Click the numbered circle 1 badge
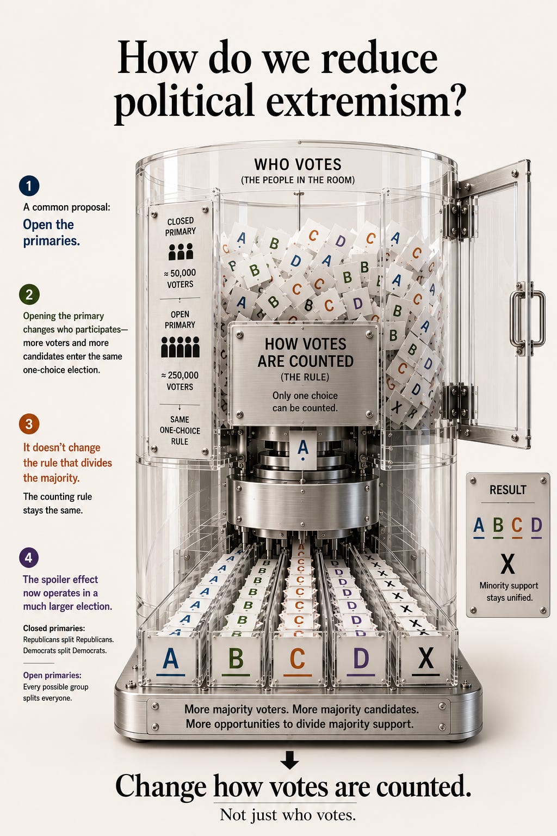point(29,186)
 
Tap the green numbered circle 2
point(29,294)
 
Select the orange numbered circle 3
point(29,424)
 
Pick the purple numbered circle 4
point(29,557)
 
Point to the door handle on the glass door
point(528,318)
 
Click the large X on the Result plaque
point(508,563)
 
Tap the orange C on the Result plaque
point(517,525)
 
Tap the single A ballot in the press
point(303,450)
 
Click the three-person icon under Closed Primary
point(181,251)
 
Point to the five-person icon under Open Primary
point(180,347)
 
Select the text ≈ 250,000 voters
point(180,380)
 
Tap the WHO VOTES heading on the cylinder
point(298,164)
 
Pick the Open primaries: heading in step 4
point(52,675)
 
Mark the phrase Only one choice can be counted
point(305,402)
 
